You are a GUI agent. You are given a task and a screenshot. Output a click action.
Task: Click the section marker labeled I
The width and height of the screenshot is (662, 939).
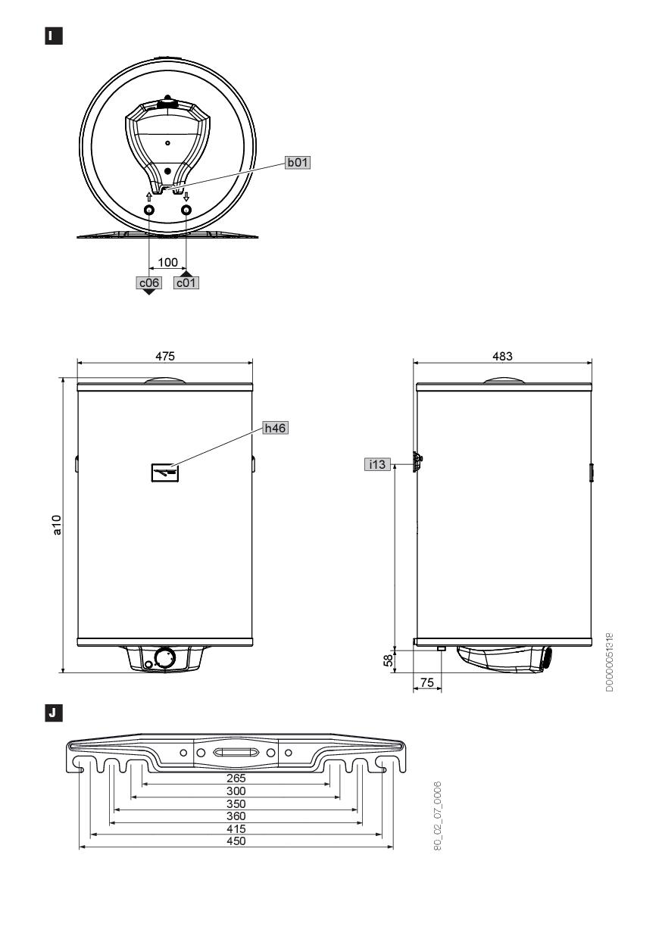pyautogui.click(x=54, y=36)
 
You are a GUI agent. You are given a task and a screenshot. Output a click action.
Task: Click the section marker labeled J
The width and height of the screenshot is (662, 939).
pyautogui.click(x=54, y=713)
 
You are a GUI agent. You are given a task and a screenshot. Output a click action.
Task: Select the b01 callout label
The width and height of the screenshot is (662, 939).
pyautogui.click(x=298, y=162)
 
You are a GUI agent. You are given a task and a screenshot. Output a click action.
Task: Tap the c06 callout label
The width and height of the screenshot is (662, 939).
pyautogui.click(x=148, y=283)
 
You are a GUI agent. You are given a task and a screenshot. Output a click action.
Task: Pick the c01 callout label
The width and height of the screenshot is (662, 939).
pyautogui.click(x=186, y=283)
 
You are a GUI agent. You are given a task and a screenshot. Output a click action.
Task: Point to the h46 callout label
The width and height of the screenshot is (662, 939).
pyautogui.click(x=276, y=428)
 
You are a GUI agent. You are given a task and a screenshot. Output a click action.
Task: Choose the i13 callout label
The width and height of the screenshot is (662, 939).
pyautogui.click(x=377, y=464)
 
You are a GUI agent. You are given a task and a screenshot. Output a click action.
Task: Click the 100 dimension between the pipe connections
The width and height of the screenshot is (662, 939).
pyautogui.click(x=167, y=263)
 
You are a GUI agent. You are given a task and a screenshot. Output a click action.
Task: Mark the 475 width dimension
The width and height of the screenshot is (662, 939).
pyautogui.click(x=165, y=357)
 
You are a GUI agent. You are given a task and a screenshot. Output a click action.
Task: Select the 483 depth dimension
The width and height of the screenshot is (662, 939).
pyautogui.click(x=502, y=357)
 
